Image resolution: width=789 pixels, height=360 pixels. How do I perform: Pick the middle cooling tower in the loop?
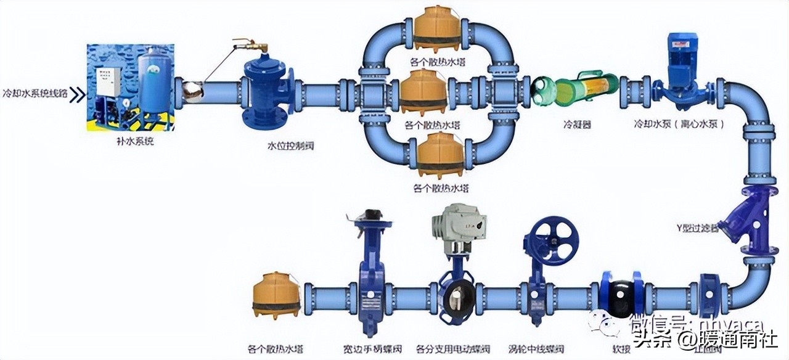(x=423, y=91)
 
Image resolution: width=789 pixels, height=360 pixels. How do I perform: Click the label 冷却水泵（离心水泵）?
(x=679, y=124)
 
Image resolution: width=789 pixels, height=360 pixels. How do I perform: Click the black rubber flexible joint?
(x=622, y=299)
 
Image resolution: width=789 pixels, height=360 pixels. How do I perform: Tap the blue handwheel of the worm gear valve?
(x=551, y=240)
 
